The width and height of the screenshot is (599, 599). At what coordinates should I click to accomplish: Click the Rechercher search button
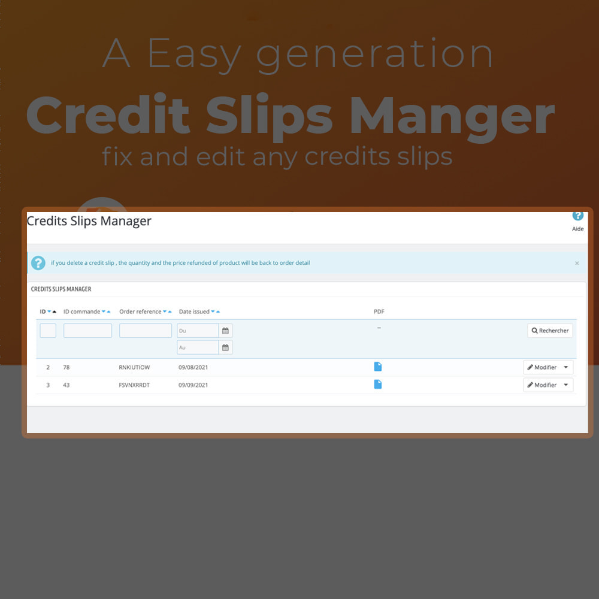(550, 331)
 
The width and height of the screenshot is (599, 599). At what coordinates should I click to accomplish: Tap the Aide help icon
(577, 216)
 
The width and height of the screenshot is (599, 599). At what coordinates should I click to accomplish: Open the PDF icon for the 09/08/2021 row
(378, 367)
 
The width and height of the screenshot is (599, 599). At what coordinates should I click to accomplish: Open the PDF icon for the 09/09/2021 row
(378, 385)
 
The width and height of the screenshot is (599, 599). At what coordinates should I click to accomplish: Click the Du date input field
(198, 331)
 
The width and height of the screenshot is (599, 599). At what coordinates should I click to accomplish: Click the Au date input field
(198, 347)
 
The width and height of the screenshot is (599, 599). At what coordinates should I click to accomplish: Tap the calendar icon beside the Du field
(225, 331)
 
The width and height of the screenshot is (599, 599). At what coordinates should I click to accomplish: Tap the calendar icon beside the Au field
(225, 347)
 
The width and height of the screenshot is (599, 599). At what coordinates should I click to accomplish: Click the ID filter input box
(48, 331)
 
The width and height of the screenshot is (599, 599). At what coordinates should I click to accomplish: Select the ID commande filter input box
(87, 331)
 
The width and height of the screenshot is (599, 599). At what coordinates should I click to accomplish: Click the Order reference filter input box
(146, 331)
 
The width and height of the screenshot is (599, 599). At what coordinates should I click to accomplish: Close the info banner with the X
(577, 263)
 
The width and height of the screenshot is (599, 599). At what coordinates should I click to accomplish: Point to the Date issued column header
(194, 311)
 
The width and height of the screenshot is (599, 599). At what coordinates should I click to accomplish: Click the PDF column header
(379, 311)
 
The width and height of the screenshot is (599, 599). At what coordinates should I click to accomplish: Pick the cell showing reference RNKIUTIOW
(134, 367)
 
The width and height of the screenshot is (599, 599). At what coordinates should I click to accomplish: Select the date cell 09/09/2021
(193, 385)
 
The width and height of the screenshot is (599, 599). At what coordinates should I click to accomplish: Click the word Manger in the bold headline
(452, 117)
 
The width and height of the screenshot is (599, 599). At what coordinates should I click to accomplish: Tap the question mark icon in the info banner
(38, 263)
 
